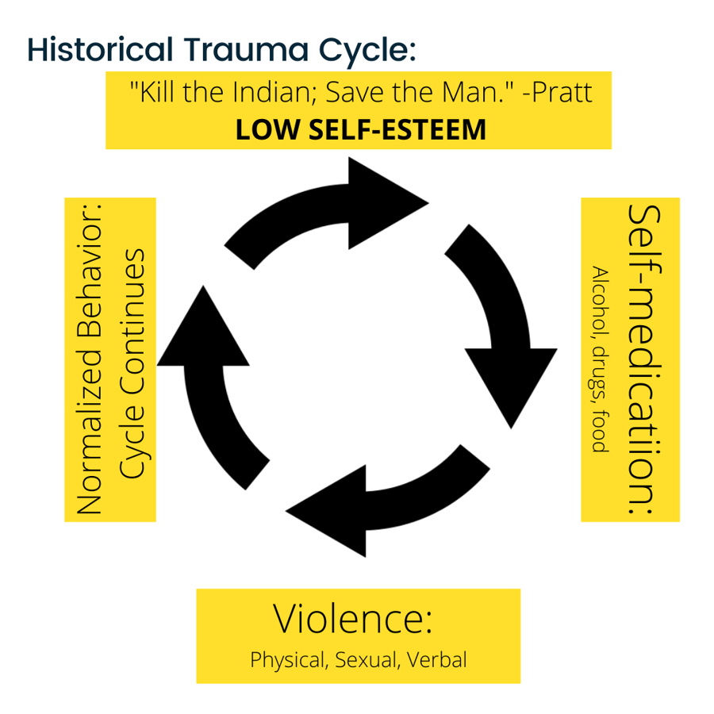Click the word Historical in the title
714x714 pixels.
[98, 49]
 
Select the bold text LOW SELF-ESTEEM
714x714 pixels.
[361, 129]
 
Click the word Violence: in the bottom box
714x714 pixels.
[352, 620]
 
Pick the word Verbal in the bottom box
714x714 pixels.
[437, 660]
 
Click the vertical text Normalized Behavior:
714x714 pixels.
[90, 359]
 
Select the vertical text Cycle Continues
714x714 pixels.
[132, 363]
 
